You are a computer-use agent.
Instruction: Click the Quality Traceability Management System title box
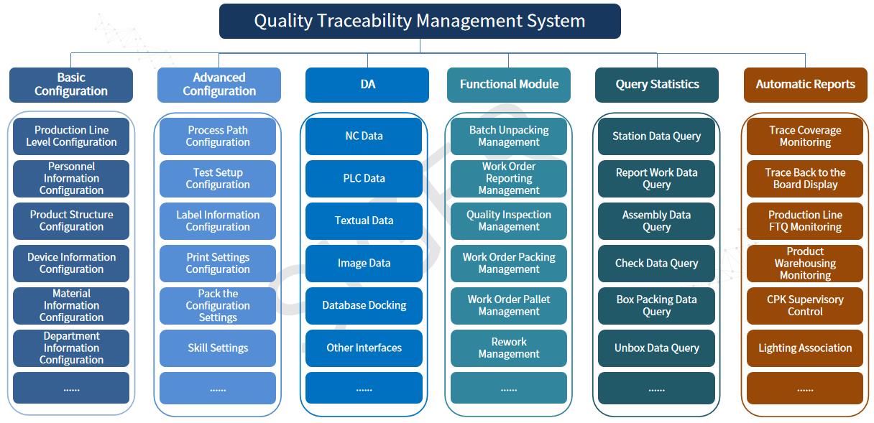(x=420, y=21)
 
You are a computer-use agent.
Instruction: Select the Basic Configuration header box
(x=71, y=85)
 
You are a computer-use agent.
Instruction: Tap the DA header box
(x=367, y=85)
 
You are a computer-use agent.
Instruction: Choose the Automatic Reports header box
(x=805, y=85)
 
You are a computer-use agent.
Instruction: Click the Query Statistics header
(x=657, y=85)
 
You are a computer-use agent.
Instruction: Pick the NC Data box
(x=364, y=136)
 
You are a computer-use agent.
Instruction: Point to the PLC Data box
(x=364, y=179)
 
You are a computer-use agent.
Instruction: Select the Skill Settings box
(x=218, y=348)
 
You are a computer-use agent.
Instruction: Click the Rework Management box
(x=509, y=348)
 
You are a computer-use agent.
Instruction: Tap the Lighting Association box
(x=805, y=348)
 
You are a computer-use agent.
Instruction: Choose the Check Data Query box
(x=656, y=264)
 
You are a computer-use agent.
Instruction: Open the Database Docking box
(x=364, y=306)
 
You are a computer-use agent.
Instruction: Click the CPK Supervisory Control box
(x=805, y=306)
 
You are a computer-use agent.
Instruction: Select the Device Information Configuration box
(x=71, y=264)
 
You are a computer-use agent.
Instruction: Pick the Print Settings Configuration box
(x=218, y=264)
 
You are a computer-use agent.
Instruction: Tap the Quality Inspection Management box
(x=509, y=221)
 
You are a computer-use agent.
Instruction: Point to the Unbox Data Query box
(x=656, y=348)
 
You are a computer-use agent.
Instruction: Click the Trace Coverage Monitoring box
(x=805, y=136)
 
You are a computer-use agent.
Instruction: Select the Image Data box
(x=364, y=264)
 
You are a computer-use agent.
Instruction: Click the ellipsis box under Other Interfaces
(x=364, y=388)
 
